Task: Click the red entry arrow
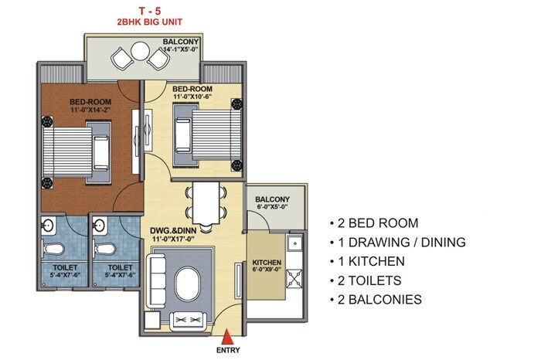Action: [x=227, y=336]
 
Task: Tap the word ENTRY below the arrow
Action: [x=228, y=352]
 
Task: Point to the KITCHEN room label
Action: [x=266, y=262]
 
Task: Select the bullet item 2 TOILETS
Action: [x=373, y=280]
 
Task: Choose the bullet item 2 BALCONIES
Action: [x=379, y=299]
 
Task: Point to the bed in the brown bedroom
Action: [x=75, y=148]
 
